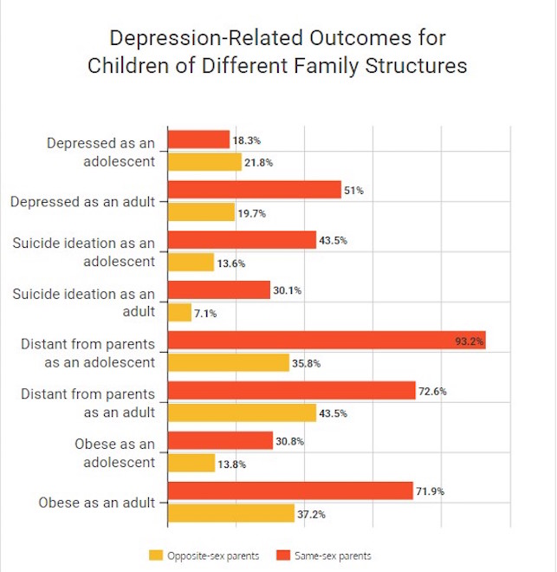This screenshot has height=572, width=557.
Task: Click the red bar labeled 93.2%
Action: [326, 341]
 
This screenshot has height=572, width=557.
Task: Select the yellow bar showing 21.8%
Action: [204, 162]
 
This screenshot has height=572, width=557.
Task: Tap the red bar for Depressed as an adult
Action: [254, 190]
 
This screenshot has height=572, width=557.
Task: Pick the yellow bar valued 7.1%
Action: [179, 312]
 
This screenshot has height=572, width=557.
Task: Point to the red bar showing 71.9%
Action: [289, 491]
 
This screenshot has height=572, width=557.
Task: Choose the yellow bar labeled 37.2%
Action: [230, 514]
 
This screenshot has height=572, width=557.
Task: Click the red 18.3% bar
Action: [198, 140]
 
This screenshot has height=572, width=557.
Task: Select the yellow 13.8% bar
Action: [191, 463]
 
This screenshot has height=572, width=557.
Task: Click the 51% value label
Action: [353, 191]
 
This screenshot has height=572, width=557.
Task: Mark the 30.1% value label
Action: [287, 291]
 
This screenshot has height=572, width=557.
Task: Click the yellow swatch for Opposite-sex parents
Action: [157, 555]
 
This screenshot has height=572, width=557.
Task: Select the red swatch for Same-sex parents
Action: [282, 555]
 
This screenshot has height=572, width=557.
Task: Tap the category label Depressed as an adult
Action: [82, 202]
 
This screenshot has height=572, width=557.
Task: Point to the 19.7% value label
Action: [251, 213]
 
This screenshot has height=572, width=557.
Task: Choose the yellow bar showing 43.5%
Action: [242, 413]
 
